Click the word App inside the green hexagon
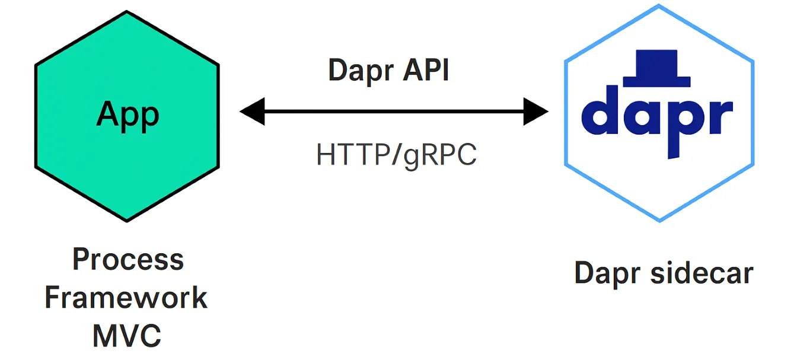[127, 114]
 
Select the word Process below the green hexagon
[128, 260]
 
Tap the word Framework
[126, 298]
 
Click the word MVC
[127, 335]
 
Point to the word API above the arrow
[426, 71]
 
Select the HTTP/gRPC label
[396, 155]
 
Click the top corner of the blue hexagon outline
[659, 6]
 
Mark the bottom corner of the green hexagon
[127, 221]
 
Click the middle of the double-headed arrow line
[394, 112]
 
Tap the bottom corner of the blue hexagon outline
[659, 221]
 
